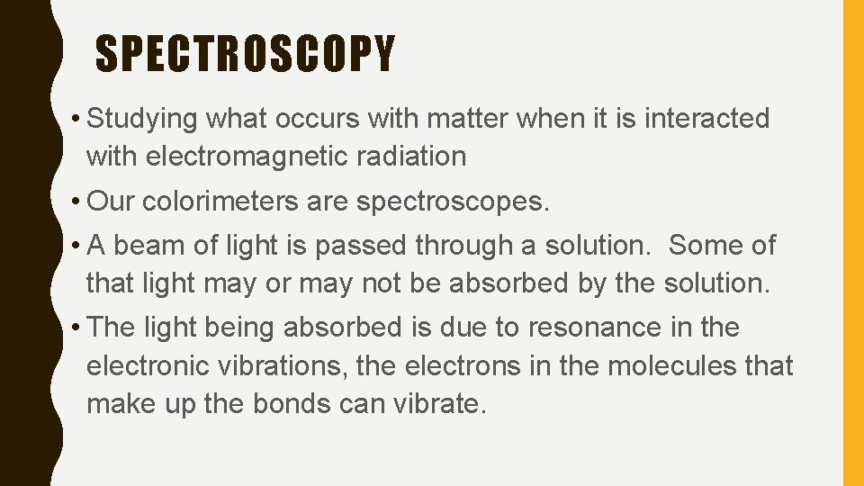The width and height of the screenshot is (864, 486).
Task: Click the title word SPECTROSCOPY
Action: pos(245,53)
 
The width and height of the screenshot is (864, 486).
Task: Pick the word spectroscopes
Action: pos(452,202)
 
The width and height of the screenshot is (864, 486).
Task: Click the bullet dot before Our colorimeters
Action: pos(75,202)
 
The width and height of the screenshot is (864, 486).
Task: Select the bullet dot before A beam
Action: pos(75,245)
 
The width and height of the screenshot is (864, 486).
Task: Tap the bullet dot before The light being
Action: pos(75,328)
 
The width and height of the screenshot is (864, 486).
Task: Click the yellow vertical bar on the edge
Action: pos(852,243)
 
